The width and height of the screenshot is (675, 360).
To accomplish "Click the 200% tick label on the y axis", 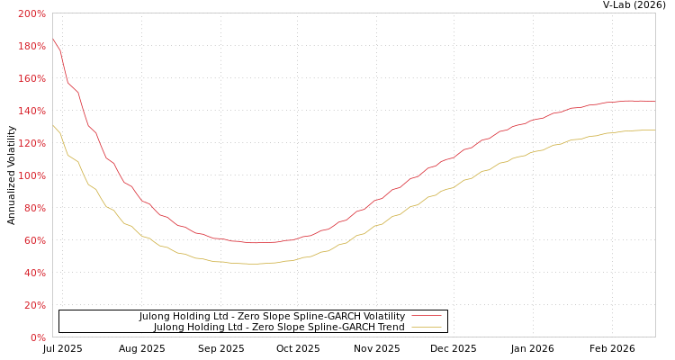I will (x=31, y=14).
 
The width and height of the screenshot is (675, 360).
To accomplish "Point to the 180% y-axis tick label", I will (x=31, y=47).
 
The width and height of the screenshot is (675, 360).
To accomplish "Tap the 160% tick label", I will (x=31, y=79).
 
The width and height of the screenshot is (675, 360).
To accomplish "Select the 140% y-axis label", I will (x=31, y=112).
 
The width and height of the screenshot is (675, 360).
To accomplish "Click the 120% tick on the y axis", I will (x=31, y=144).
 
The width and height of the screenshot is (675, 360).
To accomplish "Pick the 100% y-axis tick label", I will (x=31, y=176).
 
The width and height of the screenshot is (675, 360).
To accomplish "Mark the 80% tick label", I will (x=34, y=209).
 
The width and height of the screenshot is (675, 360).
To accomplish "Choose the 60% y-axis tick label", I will (x=34, y=241).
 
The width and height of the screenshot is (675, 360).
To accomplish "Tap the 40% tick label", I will (x=34, y=274).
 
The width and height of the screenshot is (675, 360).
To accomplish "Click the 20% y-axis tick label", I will (x=34, y=306).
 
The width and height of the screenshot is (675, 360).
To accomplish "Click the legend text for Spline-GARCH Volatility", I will (x=272, y=317).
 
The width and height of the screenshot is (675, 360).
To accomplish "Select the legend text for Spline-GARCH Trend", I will (x=279, y=328).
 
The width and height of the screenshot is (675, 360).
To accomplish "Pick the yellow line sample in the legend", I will (x=427, y=328).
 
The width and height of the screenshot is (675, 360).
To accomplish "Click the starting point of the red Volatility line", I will (x=53, y=39).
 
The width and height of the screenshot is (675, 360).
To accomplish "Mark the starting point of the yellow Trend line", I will (x=53, y=126).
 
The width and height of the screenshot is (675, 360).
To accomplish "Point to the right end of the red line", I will (x=654, y=102).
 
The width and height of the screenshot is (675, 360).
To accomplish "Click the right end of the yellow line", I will (x=654, y=130).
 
